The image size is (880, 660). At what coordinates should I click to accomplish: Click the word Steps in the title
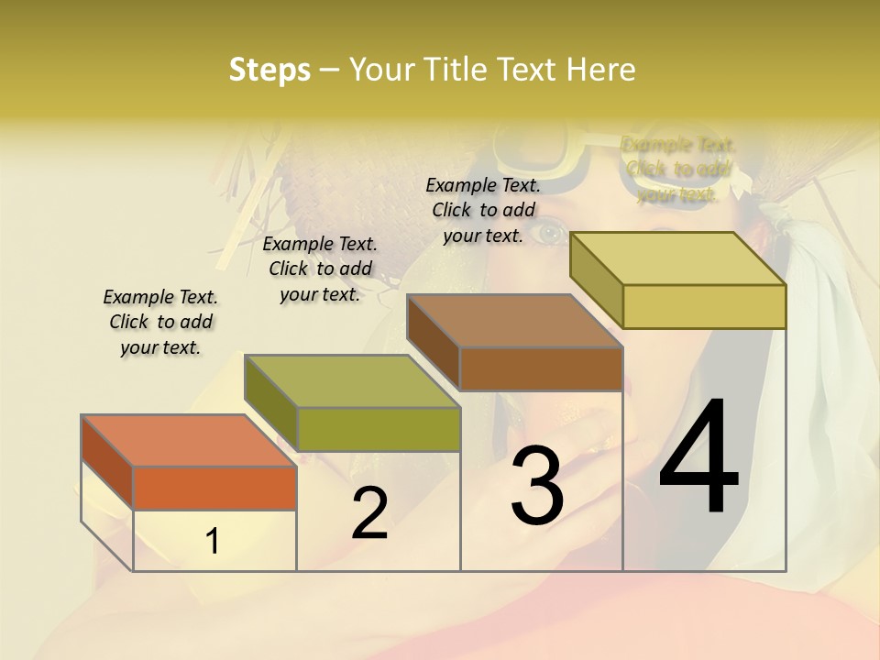[x=269, y=70]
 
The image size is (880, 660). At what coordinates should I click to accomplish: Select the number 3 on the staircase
[x=536, y=486]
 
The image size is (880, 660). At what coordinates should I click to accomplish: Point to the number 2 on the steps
[x=369, y=513]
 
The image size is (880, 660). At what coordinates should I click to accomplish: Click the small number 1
[x=213, y=541]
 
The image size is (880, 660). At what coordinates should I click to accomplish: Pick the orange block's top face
[x=189, y=441]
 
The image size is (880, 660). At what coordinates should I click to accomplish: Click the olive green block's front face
[x=379, y=429]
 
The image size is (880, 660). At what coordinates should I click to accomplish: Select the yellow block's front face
[x=704, y=306]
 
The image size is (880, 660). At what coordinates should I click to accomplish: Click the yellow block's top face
[x=678, y=258]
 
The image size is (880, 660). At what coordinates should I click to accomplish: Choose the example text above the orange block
[x=160, y=322]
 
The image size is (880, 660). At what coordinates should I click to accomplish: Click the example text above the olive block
[x=320, y=269]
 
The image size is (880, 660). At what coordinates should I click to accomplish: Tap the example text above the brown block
[x=483, y=210]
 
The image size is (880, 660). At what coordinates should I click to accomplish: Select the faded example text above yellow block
[x=677, y=170]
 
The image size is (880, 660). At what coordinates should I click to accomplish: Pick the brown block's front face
[x=541, y=368]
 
